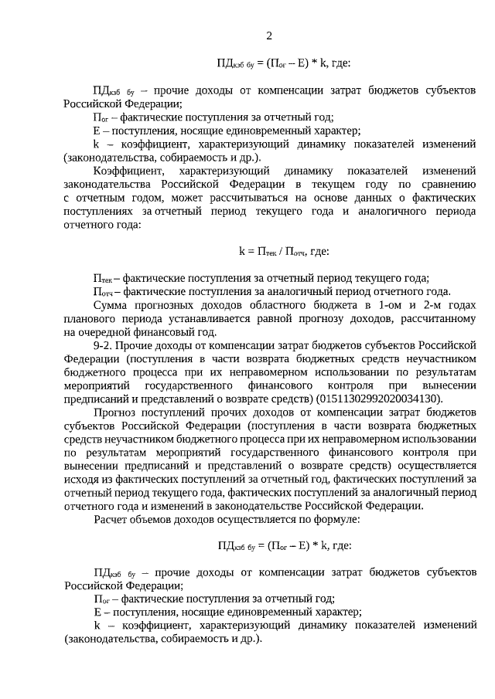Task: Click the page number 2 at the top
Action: coord(269,36)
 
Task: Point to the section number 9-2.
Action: coord(105,344)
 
